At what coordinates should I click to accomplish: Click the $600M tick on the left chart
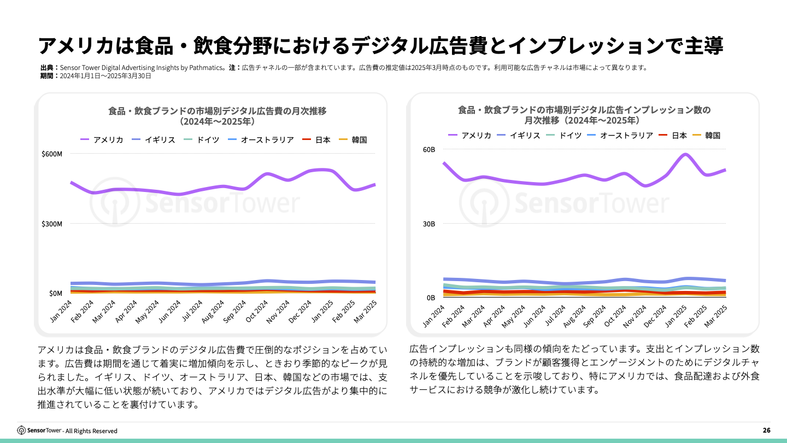click(52, 154)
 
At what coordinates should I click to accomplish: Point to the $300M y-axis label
click(52, 224)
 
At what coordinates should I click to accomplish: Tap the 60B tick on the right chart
click(428, 149)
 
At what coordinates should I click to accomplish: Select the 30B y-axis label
click(428, 224)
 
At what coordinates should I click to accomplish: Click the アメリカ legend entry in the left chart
click(102, 140)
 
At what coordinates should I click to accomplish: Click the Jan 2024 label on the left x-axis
click(61, 312)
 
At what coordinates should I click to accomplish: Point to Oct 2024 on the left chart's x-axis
click(256, 312)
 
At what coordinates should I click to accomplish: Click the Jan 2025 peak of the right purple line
click(685, 154)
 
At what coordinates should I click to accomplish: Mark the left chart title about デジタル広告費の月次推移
click(218, 116)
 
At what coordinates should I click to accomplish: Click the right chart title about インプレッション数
click(584, 115)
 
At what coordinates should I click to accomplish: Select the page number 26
click(766, 430)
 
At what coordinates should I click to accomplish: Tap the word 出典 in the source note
click(48, 68)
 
